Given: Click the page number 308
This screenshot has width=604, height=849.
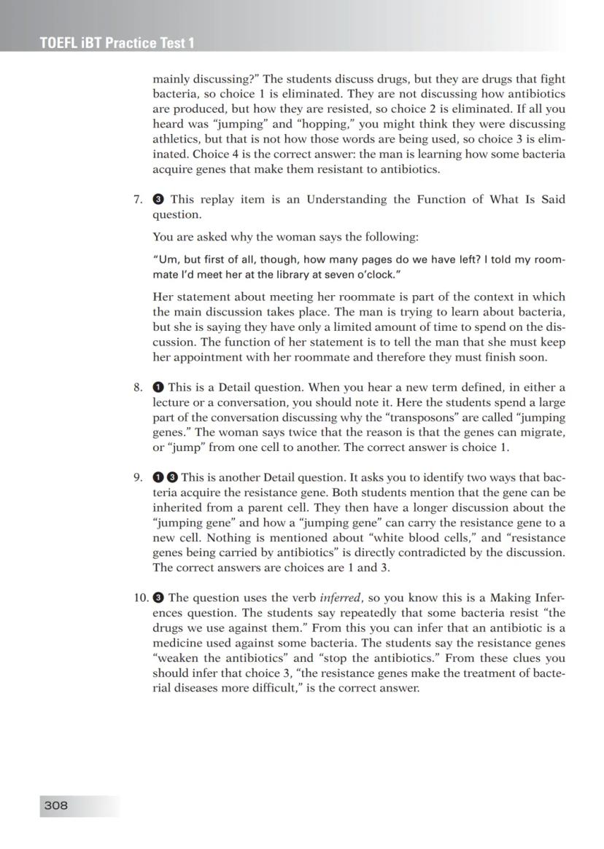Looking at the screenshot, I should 56,805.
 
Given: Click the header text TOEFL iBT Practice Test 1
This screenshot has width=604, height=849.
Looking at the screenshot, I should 117,43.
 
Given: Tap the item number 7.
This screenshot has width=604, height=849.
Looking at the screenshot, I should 138,200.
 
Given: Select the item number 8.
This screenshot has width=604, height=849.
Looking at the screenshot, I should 138,388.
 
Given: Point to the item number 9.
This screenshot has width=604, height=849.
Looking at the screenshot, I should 138,478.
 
